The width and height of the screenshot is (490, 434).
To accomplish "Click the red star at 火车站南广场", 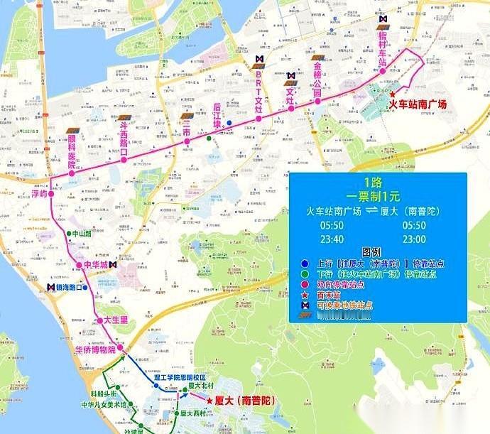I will (x=392, y=94).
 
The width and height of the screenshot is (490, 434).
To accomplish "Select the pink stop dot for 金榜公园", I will (x=317, y=99).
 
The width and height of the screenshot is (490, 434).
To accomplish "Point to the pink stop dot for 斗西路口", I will (x=124, y=160).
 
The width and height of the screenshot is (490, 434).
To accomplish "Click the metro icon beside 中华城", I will (x=114, y=265).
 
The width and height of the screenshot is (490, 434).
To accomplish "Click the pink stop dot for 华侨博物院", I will (x=121, y=347).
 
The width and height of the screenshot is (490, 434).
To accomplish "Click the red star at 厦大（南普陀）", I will (x=209, y=401).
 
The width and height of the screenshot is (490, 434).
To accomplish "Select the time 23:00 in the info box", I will (x=414, y=239).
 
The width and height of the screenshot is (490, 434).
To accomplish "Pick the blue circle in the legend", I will (x=304, y=262).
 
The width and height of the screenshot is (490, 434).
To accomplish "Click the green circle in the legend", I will (x=304, y=273).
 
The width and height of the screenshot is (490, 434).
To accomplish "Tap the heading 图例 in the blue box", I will (x=372, y=251).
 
